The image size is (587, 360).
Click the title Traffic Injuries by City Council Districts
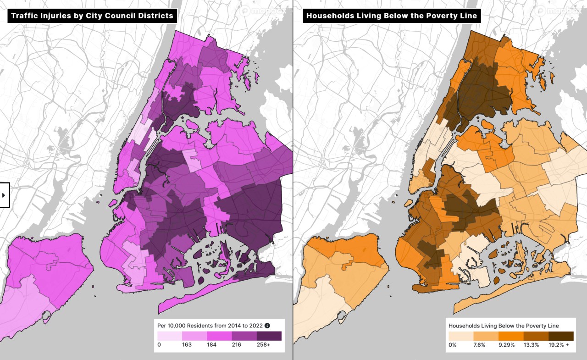pos(92,16)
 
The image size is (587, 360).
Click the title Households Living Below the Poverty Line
pos(392,16)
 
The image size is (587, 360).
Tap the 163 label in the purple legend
pos(187,344)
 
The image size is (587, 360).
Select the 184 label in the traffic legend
pos(211,344)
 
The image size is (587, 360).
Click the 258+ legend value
pos(263,344)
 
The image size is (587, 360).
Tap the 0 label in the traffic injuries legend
pos(159,344)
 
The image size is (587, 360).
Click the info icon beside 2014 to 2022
pos(267,326)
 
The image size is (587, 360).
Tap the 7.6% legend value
pos(479,344)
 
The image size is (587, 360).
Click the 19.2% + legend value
pos(559,344)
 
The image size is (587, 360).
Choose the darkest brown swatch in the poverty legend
pos(561,336)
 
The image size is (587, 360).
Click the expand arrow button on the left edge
pos(4,195)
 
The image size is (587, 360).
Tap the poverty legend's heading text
pos(504,326)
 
